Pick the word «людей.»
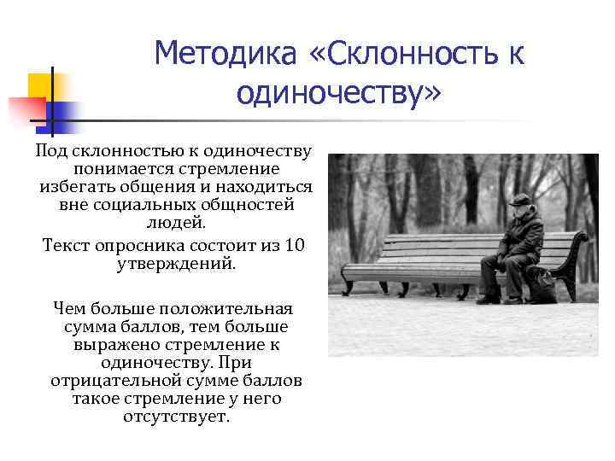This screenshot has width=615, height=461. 175,223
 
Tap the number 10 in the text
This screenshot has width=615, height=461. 294,246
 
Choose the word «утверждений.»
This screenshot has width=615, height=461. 175,264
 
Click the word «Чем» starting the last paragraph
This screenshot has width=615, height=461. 69,307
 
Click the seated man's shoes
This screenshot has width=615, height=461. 499,299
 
